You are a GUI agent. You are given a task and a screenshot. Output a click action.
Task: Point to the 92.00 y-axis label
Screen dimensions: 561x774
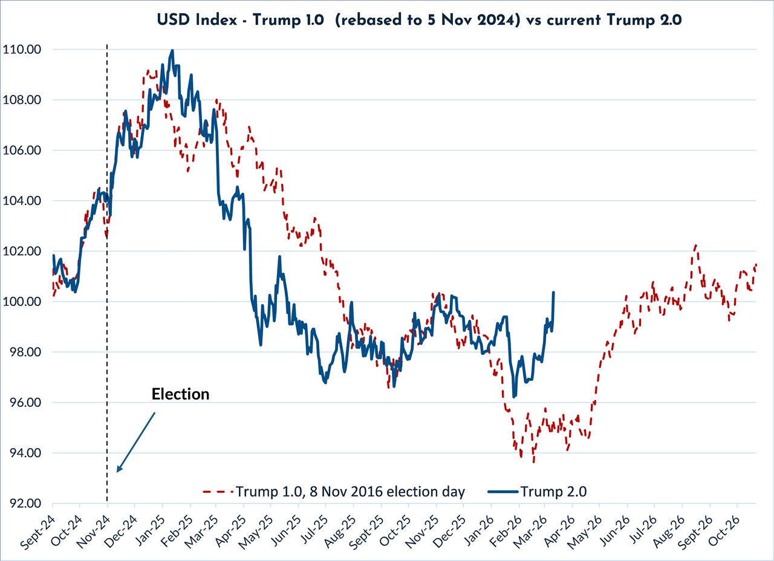pyautogui.click(x=25, y=504)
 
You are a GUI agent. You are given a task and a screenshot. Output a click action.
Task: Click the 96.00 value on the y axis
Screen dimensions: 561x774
pyautogui.click(x=25, y=403)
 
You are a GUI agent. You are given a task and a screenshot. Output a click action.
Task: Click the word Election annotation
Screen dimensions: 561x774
pyautogui.click(x=180, y=394)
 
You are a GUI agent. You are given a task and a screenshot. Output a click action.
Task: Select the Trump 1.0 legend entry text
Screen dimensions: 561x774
pyautogui.click(x=351, y=491)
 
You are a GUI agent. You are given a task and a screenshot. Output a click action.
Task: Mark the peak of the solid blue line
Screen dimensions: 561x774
pyautogui.click(x=172, y=51)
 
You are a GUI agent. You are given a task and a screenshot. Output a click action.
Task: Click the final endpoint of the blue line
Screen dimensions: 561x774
pyautogui.click(x=554, y=293)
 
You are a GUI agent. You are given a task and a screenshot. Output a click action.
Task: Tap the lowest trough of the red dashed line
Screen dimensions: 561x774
pyautogui.click(x=533, y=462)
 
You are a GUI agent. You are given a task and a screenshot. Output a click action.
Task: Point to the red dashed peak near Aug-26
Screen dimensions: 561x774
pyautogui.click(x=696, y=245)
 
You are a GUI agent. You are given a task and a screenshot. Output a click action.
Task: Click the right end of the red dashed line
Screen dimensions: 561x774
pyautogui.click(x=756, y=264)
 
